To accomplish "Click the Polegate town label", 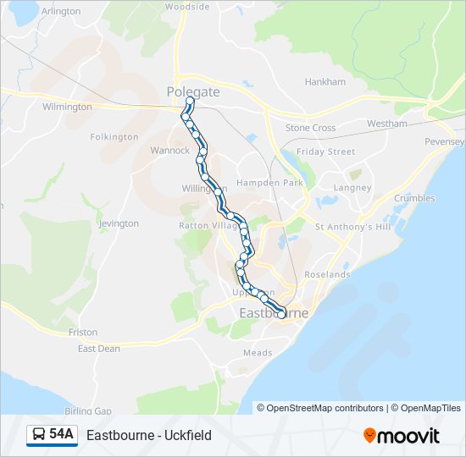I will point(192,91).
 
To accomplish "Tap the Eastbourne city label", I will point(274,312).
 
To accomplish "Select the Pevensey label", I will point(445,141).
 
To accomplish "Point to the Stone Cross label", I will point(310,128).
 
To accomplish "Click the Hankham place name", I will point(325,82).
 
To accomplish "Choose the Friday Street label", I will point(325,151).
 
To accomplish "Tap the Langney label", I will point(352,187).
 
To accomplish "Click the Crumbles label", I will point(414,198).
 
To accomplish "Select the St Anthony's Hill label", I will point(352,227).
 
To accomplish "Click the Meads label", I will point(258,353).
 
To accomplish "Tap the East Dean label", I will point(98,348).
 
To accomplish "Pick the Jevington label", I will point(119,223).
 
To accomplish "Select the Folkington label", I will point(114,136).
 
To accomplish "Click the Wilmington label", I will point(67,107).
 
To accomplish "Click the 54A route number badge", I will point(53,435).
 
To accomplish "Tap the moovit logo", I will point(402,436).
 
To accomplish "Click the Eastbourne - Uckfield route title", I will point(149,436).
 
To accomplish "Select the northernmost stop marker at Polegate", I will point(190,102).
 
